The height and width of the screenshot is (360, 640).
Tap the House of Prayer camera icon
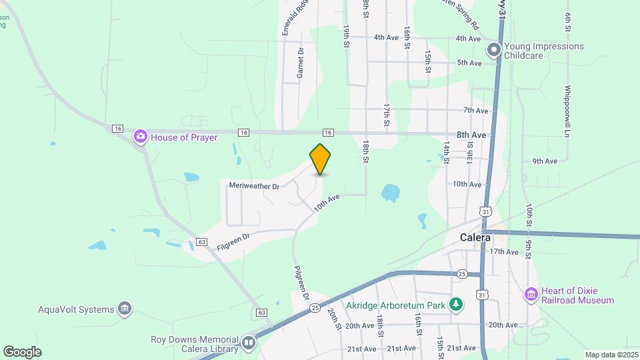(141, 137)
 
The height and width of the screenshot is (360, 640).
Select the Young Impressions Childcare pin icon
(494, 50)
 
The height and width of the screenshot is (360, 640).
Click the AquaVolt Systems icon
(124, 308)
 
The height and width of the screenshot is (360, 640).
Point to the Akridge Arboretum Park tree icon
(456, 305)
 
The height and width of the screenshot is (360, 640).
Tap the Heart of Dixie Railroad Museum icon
(531, 294)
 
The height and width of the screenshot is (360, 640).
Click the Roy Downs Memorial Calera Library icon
(249, 343)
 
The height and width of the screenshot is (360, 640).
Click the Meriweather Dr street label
(253, 186)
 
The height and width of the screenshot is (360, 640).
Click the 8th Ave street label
(471, 135)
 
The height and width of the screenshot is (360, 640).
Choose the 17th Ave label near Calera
(503, 252)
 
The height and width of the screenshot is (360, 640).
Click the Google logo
(22, 352)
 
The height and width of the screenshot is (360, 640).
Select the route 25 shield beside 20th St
(315, 307)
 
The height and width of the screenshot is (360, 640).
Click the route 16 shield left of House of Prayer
(118, 128)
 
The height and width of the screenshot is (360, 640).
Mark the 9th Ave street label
(545, 161)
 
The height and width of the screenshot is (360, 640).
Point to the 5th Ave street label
(469, 63)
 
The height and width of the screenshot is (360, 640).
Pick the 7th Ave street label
(476, 111)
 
